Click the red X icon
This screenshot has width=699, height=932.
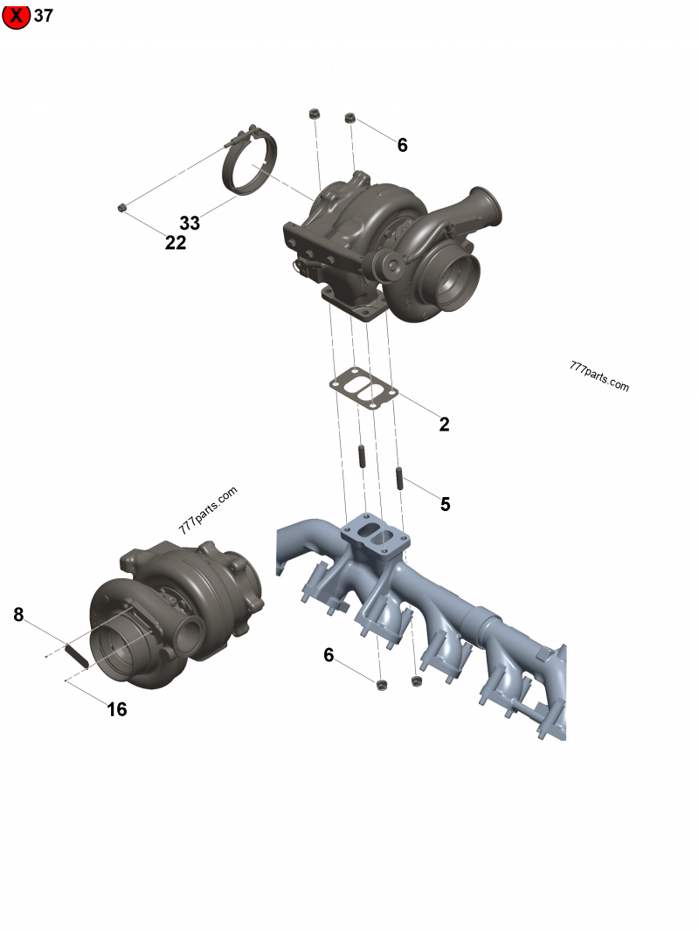[x=16, y=16]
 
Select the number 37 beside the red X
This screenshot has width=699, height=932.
[x=44, y=16]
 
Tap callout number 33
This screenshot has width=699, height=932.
[x=190, y=223]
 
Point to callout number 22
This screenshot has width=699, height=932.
[x=176, y=243]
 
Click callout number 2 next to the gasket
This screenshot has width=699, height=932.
[x=444, y=425]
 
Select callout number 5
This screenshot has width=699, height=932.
[x=445, y=504]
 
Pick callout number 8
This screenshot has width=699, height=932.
[x=18, y=615]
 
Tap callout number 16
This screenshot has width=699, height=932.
[x=116, y=709]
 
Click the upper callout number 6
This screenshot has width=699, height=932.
[x=402, y=145]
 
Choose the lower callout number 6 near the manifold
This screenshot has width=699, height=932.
[x=329, y=655]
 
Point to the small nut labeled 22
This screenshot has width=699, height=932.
[x=123, y=207]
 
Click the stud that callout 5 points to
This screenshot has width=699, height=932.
[x=398, y=479]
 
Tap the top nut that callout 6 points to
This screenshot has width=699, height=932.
[x=350, y=118]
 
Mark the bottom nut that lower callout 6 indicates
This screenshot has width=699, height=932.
[x=380, y=684]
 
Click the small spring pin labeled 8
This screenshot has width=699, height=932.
[x=75, y=656]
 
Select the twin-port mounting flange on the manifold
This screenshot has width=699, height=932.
[x=376, y=534]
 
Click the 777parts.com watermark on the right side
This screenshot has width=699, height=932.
[x=599, y=377]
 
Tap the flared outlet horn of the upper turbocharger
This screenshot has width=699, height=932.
[x=486, y=205]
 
